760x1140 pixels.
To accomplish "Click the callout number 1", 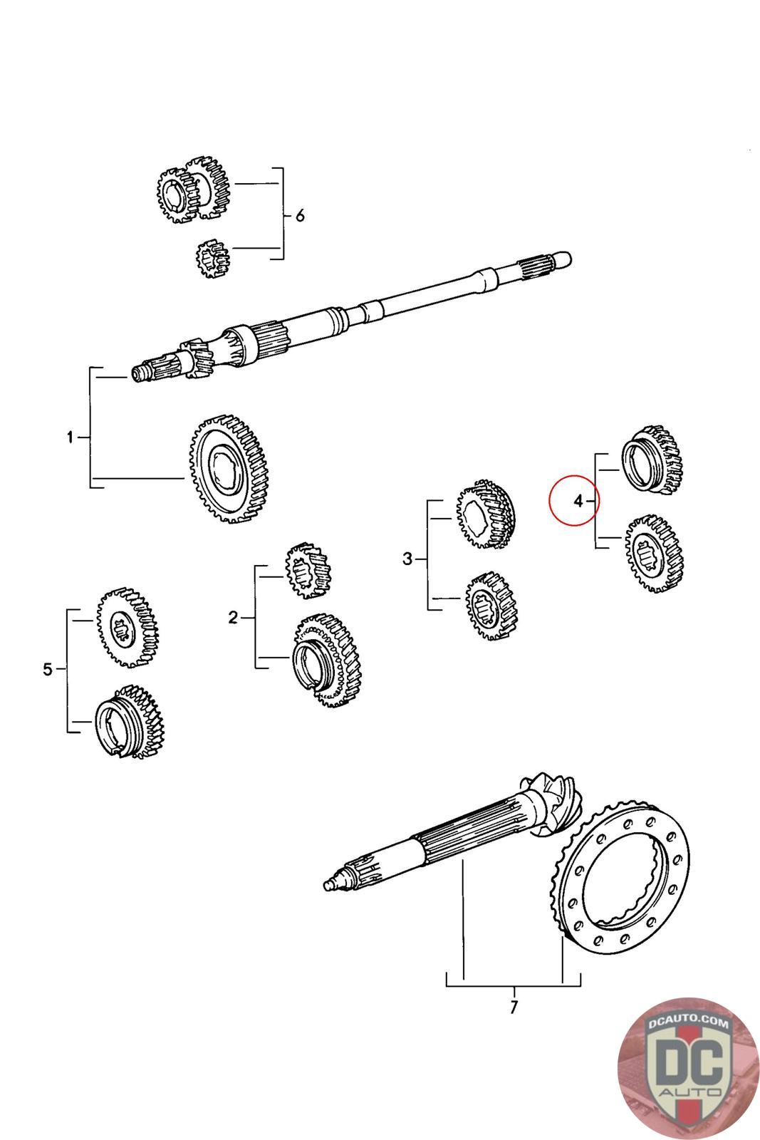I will click(x=70, y=437).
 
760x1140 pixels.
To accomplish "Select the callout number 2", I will click(x=233, y=618).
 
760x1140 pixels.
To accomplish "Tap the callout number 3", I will click(x=407, y=559).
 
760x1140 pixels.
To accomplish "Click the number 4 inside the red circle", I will click(x=578, y=502).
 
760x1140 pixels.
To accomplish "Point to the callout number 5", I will click(x=48, y=669).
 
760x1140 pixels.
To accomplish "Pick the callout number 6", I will click(x=300, y=214).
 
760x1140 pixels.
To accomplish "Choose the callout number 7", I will click(x=514, y=1007).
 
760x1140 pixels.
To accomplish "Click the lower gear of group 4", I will click(x=654, y=552).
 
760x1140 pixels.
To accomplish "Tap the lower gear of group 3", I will click(x=491, y=605).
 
